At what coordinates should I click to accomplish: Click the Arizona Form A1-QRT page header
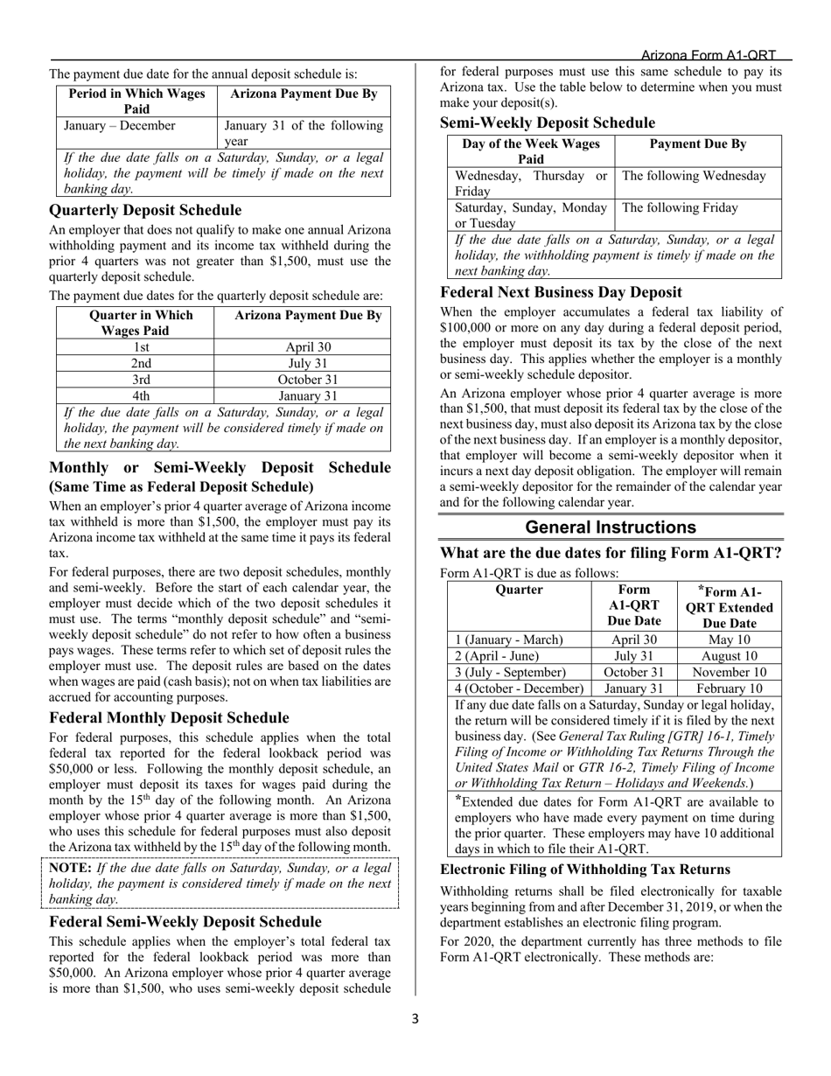(708, 55)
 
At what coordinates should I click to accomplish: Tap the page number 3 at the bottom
(415, 1018)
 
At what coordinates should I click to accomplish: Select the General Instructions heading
(611, 528)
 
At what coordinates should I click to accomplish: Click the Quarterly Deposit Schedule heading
(145, 211)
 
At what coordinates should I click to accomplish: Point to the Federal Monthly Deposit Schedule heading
(169, 718)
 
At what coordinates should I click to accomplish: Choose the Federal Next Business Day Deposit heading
(561, 292)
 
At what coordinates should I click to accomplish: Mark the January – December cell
(120, 126)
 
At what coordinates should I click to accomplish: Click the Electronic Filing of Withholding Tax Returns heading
(584, 870)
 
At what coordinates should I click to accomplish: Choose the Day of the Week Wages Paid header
(531, 151)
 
